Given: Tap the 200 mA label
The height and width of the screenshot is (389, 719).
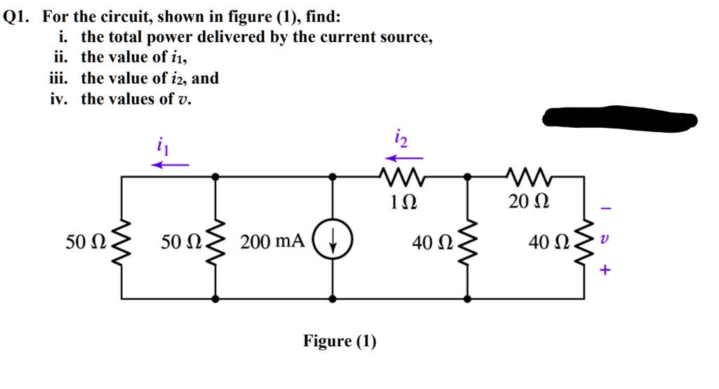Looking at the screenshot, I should [272, 242].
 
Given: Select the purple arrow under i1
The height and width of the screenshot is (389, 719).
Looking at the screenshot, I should [171, 165].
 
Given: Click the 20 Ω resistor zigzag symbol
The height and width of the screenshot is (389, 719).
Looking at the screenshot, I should [526, 176].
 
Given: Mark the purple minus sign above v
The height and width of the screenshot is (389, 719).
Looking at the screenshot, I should [606, 209].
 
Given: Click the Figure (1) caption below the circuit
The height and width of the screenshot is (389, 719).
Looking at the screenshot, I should [340, 342].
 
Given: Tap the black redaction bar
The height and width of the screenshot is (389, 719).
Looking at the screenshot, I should [618, 119].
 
